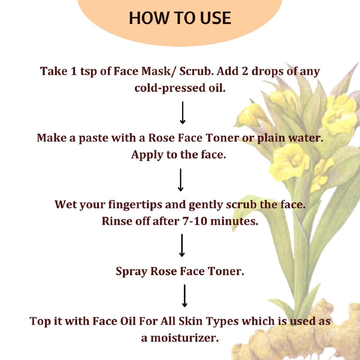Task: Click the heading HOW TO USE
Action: pyautogui.click(x=180, y=18)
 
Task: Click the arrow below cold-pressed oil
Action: pyautogui.click(x=182, y=113)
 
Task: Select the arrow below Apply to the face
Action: pyautogui.click(x=180, y=180)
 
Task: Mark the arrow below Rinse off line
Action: pyautogui.click(x=182, y=245)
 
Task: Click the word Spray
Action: pyautogui.click(x=132, y=271)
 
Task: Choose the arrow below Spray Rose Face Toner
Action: pyautogui.click(x=184, y=296)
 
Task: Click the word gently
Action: pyautogui.click(x=206, y=205)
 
